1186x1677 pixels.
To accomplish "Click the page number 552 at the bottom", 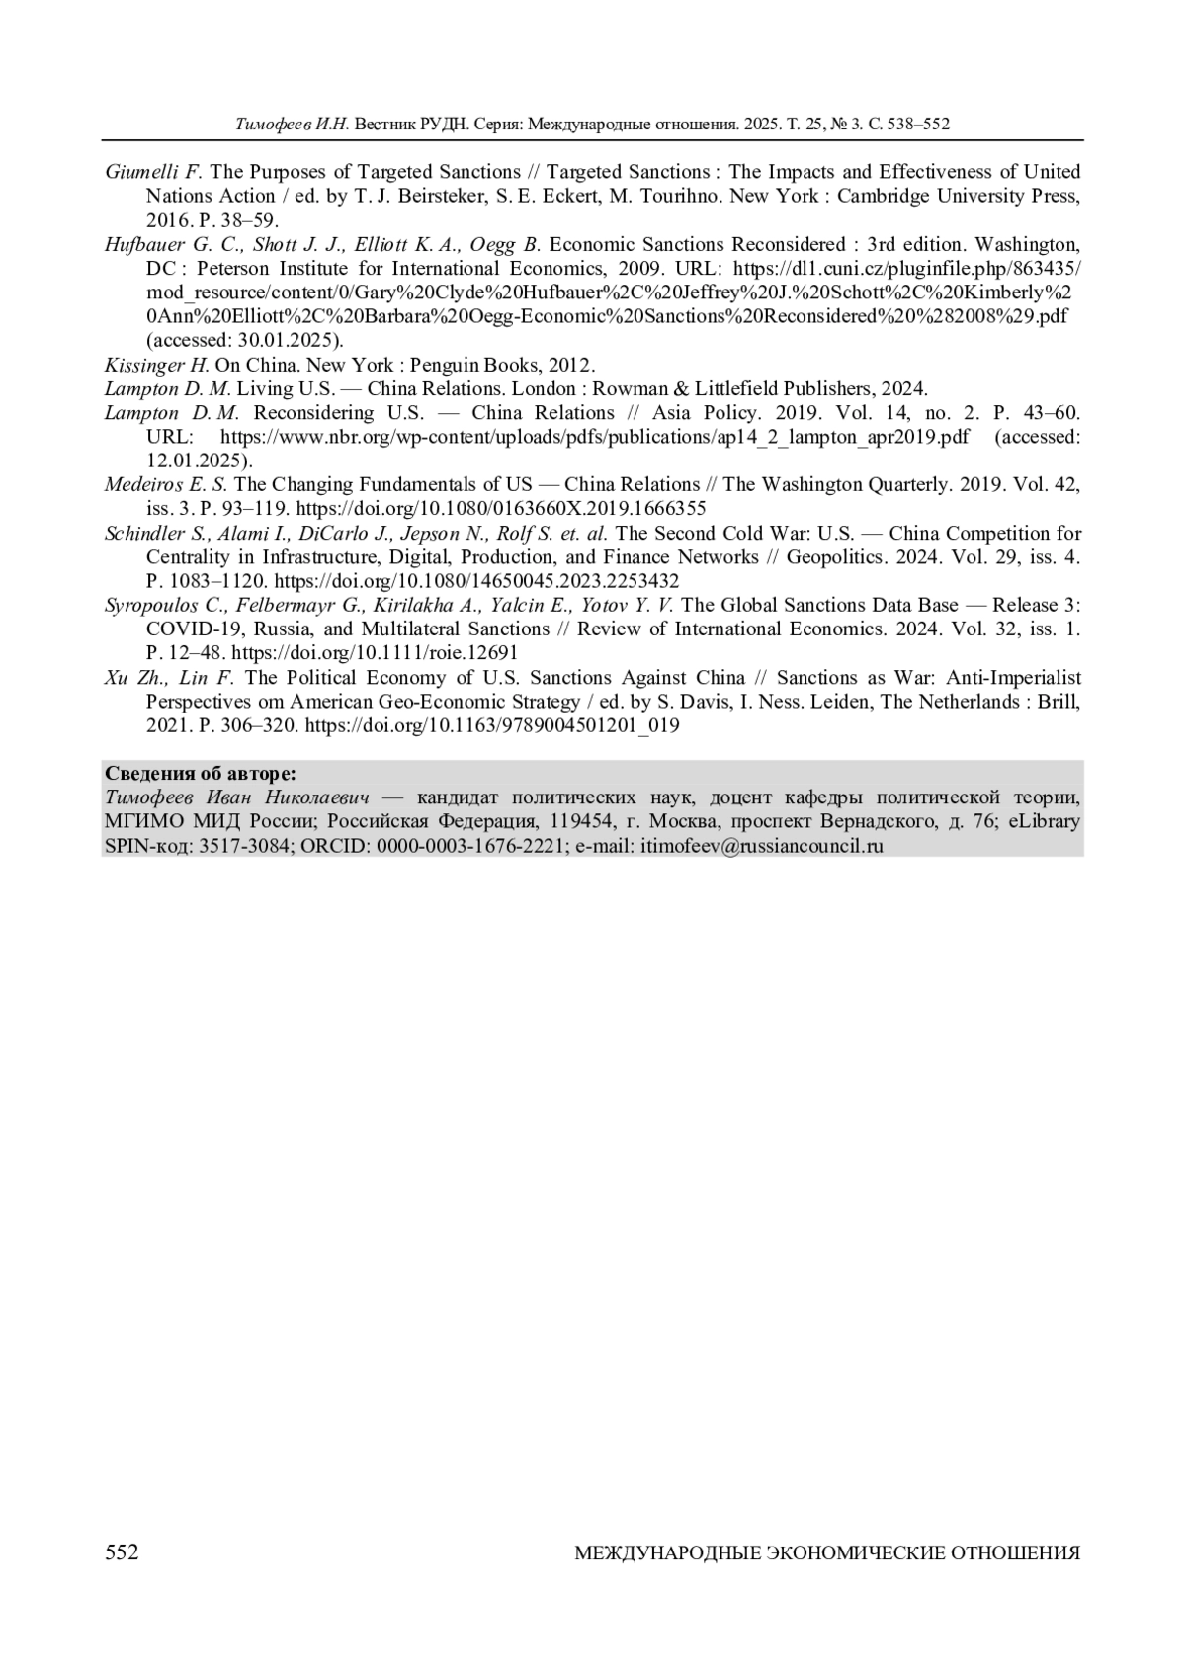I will pyautogui.click(x=122, y=1552).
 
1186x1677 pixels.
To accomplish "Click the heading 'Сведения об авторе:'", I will pyautogui.click(x=200, y=773).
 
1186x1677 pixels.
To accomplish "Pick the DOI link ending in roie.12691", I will pyautogui.click(x=375, y=653).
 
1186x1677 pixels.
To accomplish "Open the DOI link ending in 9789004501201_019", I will pyautogui.click(x=492, y=725).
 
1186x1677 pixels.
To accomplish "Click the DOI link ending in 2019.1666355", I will pyautogui.click(x=501, y=509).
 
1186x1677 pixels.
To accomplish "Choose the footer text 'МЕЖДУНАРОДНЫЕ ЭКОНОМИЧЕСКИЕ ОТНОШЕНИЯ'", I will pyautogui.click(x=827, y=1553).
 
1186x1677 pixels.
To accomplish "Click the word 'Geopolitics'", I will pyautogui.click(x=829, y=557).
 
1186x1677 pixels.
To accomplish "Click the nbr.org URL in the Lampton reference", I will pyautogui.click(x=594, y=437).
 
